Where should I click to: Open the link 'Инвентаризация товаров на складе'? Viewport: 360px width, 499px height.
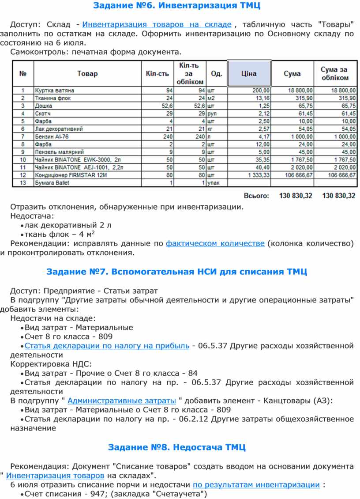pyautogui.click(x=157, y=24)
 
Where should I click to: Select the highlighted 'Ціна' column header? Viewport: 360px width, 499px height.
pyautogui.click(x=249, y=74)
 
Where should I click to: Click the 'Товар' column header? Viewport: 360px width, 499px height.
pyautogui.click(x=87, y=74)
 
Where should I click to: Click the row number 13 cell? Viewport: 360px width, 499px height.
pyautogui.click(x=22, y=183)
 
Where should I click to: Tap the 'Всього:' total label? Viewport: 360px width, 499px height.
pyautogui.click(x=256, y=195)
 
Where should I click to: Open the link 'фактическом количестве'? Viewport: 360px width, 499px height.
pyautogui.click(x=215, y=243)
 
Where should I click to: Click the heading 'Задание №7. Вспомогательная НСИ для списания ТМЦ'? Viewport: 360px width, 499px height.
pyautogui.click(x=176, y=271)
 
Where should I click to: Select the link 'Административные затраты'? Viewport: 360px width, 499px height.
pyautogui.click(x=122, y=401)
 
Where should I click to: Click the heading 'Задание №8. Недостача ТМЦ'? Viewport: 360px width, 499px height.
pyautogui.click(x=176, y=447)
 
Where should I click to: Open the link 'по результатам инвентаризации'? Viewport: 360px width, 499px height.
pyautogui.click(x=256, y=484)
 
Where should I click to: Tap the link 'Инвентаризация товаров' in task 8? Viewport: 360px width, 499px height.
pyautogui.click(x=55, y=475)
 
